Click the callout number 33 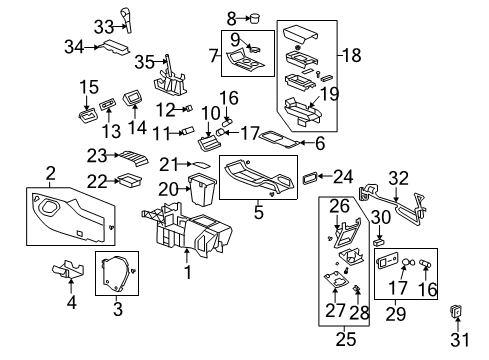(104, 25)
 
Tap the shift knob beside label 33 (127, 17)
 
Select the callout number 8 (231, 17)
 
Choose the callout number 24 (344, 177)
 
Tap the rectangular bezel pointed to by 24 (312, 178)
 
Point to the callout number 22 (96, 180)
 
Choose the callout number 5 (261, 212)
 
